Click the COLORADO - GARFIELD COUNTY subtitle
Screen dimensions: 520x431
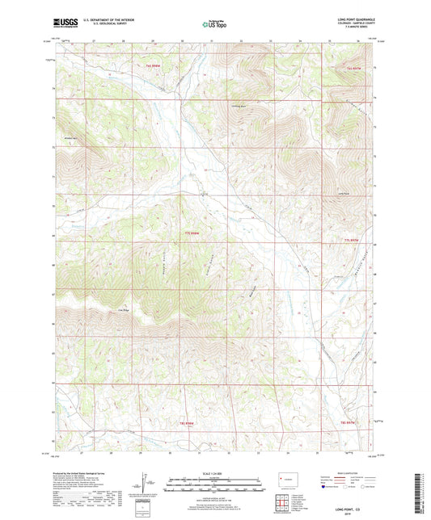(x=356, y=22)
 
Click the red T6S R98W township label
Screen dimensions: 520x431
(x=153, y=65)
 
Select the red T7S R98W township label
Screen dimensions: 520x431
(x=191, y=234)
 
